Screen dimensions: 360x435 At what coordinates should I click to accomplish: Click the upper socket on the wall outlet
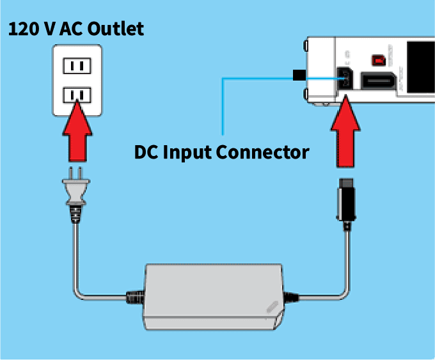pyautogui.click(x=77, y=65)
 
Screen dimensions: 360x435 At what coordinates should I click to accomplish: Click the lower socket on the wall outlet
pyautogui.click(x=77, y=95)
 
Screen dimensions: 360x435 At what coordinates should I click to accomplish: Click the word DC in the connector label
pyautogui.click(x=146, y=153)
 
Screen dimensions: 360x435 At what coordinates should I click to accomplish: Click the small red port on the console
pyautogui.click(x=379, y=60)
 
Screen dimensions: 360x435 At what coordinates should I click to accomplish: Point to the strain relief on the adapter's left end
pyautogui.click(x=136, y=297)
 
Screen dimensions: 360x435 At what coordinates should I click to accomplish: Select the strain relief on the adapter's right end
pyautogui.click(x=292, y=297)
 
